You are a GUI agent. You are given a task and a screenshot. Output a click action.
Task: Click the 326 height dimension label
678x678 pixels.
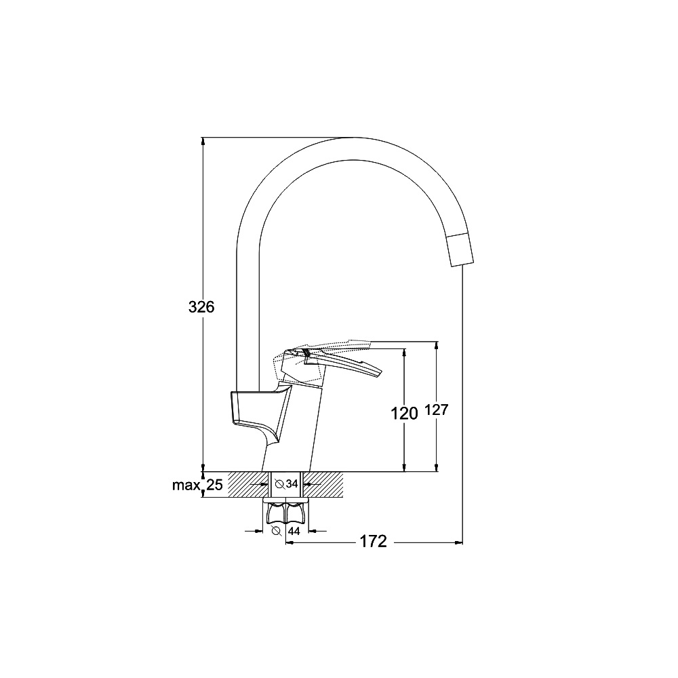(x=201, y=307)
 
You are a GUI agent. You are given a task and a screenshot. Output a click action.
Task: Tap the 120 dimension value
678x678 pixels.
(x=404, y=414)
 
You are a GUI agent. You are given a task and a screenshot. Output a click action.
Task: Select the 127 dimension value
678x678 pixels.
(x=437, y=410)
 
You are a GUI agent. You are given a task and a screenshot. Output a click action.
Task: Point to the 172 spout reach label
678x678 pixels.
(x=374, y=541)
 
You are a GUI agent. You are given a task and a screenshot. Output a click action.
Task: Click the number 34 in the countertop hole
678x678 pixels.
(x=292, y=484)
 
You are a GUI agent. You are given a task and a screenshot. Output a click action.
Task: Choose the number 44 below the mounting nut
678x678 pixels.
(x=294, y=531)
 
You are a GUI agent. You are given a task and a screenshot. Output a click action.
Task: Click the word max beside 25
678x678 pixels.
(x=186, y=485)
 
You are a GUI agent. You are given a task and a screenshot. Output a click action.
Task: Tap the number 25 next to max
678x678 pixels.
(x=214, y=485)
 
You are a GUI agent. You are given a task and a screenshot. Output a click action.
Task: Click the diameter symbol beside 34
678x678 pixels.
(x=279, y=484)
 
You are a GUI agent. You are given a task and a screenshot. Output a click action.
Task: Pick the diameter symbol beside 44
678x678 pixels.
(x=277, y=531)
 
